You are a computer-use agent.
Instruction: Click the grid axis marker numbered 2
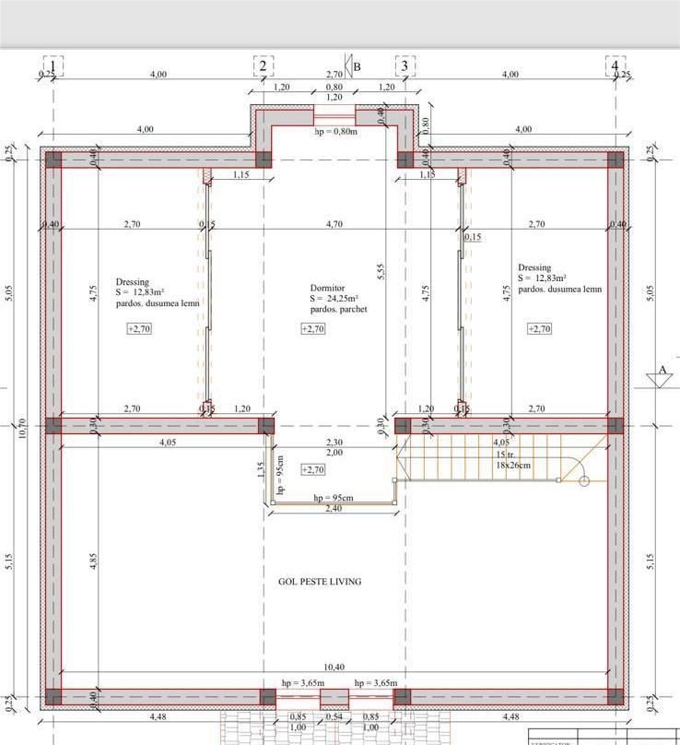[263, 66]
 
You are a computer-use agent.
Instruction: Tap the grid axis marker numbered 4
[615, 66]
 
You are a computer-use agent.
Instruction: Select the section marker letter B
[357, 66]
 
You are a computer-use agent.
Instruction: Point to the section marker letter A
[661, 371]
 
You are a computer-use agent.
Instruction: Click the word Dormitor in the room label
[327, 288]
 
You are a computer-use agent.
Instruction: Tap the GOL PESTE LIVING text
[320, 582]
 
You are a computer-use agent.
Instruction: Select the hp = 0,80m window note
[335, 131]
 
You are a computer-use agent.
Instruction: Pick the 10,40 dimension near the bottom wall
[334, 667]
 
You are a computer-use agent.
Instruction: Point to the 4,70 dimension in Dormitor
[334, 224]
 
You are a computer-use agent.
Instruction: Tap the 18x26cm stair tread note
[513, 466]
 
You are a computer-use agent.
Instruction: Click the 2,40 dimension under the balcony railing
[334, 508]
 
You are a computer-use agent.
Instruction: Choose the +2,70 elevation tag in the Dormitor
[313, 329]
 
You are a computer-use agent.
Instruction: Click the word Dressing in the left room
[132, 282]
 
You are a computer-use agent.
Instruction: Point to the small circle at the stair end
[583, 481]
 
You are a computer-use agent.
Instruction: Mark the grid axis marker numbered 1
[53, 66]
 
